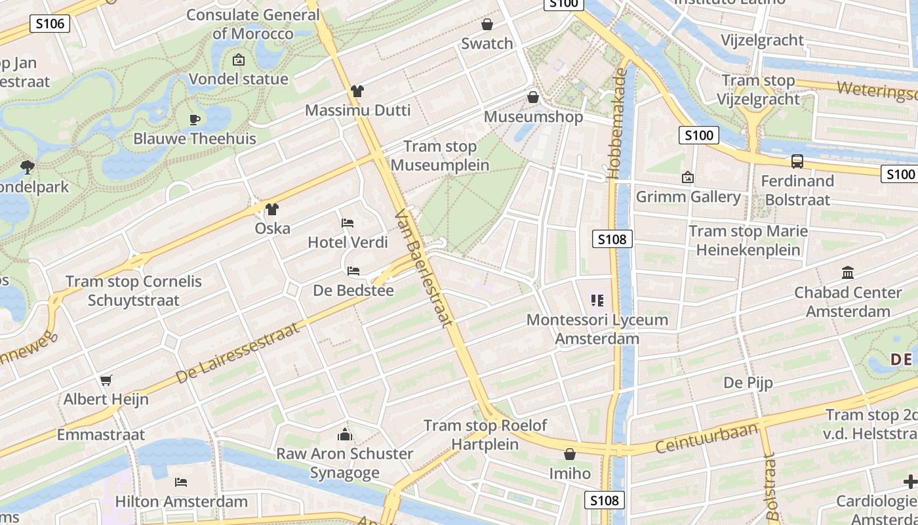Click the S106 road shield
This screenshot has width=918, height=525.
tap(50, 24)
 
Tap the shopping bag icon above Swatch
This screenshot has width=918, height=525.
tap(487, 25)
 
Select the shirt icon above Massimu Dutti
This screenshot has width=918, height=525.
tap(357, 91)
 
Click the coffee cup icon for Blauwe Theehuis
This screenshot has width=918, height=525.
tap(194, 119)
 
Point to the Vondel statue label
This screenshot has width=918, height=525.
tap(238, 79)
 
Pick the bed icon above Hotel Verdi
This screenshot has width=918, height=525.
tap(348, 223)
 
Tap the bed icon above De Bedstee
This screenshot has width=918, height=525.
tap(353, 270)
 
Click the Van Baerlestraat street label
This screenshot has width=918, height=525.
tap(425, 268)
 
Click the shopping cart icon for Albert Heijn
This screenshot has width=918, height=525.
tap(106, 380)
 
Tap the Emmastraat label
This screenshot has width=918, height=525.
tap(101, 434)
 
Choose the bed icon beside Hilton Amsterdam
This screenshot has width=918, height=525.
tap(181, 482)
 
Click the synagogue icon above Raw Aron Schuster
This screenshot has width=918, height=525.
tap(345, 434)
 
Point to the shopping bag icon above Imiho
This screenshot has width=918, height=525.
tap(570, 454)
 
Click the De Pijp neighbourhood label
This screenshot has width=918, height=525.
tap(748, 383)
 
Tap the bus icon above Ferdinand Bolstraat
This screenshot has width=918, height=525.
tap(797, 161)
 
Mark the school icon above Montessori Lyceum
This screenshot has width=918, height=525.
tap(597, 301)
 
